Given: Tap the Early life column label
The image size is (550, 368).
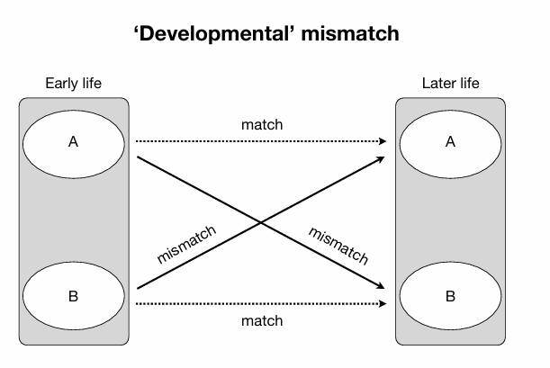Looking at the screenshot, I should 74,84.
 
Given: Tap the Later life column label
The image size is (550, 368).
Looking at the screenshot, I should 450,84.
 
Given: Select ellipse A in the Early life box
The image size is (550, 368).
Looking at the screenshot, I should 74,141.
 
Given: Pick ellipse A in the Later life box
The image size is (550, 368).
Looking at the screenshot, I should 450,141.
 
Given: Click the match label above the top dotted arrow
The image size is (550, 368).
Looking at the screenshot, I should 262,124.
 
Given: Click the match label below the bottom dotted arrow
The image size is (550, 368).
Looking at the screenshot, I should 262,320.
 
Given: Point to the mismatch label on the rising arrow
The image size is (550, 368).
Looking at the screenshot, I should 187,244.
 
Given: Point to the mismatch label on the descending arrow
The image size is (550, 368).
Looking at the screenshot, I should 338,246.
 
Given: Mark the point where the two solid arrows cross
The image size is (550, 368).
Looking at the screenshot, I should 262,222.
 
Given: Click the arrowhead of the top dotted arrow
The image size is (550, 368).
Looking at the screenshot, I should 383,141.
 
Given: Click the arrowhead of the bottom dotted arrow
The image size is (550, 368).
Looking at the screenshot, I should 383,303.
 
